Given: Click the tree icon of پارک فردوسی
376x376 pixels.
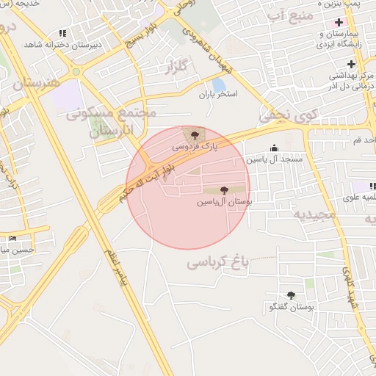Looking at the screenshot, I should point(195,134).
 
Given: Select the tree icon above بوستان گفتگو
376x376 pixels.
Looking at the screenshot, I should point(291,295).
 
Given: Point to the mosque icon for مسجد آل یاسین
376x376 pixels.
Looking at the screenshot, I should point(275,148).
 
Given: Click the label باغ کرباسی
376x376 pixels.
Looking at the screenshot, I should point(218,261).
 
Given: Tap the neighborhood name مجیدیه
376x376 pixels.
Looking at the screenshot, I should point(314,214).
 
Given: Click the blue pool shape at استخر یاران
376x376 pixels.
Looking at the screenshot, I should point(219,84).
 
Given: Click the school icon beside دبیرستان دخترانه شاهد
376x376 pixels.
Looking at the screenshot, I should point(62,33).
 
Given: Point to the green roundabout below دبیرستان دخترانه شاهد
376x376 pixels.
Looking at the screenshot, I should point(76,72).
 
